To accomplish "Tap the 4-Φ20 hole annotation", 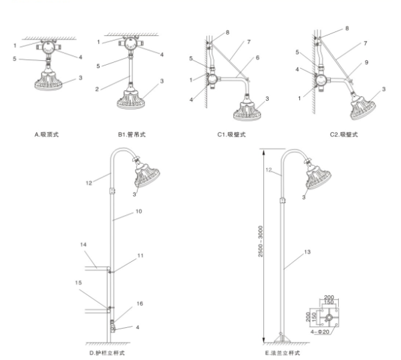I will click(x=323, y=331).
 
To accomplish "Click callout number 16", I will click(x=139, y=303).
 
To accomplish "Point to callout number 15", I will click(x=78, y=285).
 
